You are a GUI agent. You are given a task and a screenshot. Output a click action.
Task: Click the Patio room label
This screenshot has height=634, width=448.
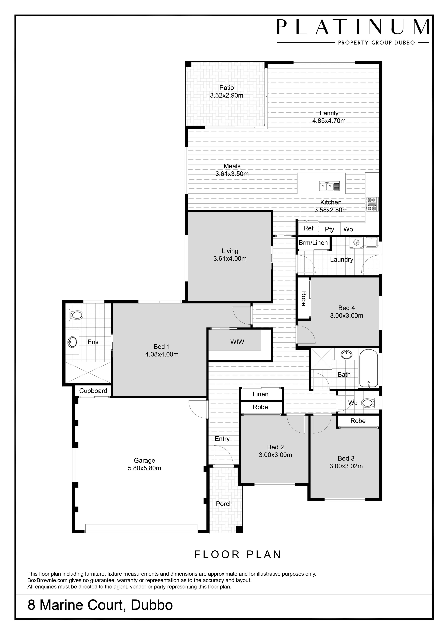pyautogui.click(x=227, y=88)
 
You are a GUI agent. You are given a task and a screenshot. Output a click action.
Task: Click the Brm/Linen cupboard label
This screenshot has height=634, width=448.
pyautogui.click(x=313, y=243)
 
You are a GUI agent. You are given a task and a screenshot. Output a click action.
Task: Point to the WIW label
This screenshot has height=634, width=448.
pyautogui.click(x=237, y=342)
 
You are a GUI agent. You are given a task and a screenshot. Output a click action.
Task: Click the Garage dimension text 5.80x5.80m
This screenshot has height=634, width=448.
pyautogui.click(x=145, y=468)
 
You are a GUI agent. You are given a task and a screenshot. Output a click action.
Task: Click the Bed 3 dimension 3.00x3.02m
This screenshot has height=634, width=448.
pyautogui.click(x=346, y=466)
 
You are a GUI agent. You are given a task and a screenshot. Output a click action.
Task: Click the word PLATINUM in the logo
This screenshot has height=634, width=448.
pyautogui.click(x=353, y=27)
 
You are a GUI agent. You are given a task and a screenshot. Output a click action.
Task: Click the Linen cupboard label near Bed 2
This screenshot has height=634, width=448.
pyautogui.click(x=261, y=394)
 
